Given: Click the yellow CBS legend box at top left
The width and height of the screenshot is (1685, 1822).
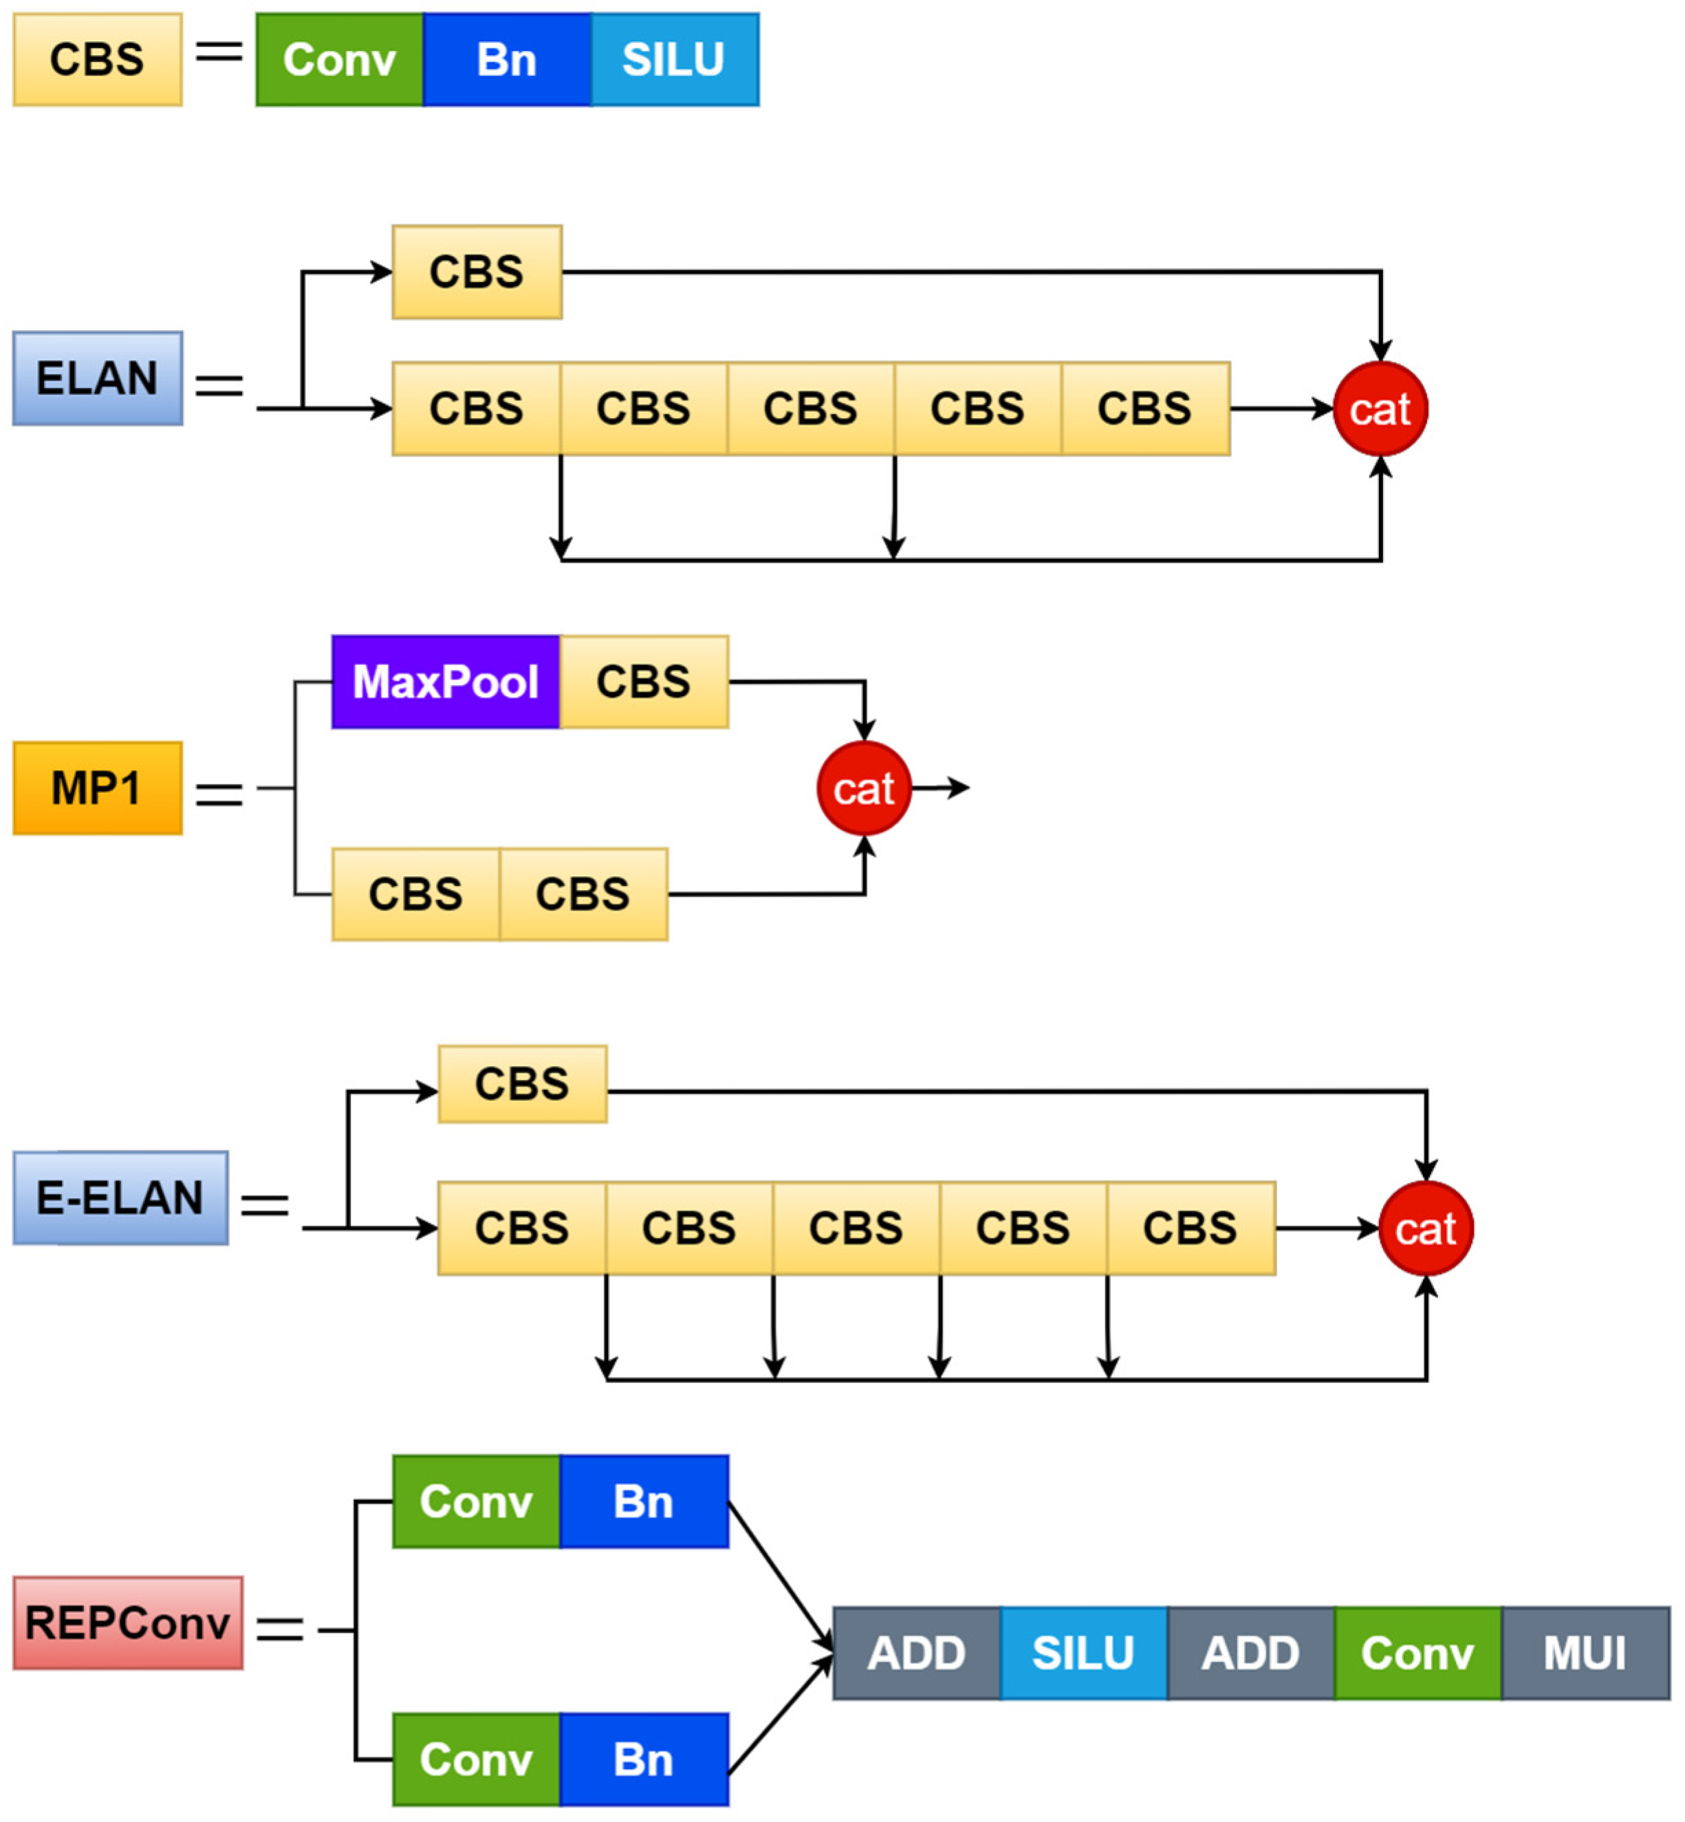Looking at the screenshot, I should [x=98, y=59].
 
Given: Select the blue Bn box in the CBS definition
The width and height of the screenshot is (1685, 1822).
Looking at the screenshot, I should [x=507, y=59].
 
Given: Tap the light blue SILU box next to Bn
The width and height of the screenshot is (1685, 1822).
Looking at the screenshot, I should [x=675, y=59].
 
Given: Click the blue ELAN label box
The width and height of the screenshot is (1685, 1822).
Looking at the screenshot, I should [x=98, y=378].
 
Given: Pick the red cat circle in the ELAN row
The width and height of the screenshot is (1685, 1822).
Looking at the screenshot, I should [x=1380, y=409].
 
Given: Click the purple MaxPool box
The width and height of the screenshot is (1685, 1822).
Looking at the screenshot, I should [x=446, y=682].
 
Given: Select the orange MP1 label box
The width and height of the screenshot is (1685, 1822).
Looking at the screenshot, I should [x=98, y=788].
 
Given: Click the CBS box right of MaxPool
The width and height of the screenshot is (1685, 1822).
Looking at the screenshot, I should [x=644, y=682].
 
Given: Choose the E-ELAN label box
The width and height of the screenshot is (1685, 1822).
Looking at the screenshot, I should [x=120, y=1197].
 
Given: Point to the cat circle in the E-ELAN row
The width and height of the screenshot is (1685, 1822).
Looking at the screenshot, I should [x=1426, y=1228].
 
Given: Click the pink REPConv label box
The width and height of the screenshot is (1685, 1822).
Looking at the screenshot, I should [x=128, y=1623].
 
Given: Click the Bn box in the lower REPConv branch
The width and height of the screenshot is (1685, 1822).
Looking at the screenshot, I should [x=644, y=1759].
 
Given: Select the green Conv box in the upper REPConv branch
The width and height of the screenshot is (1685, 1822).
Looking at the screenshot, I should [x=476, y=1501].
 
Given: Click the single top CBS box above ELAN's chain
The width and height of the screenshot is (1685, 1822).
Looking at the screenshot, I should [x=477, y=272].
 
